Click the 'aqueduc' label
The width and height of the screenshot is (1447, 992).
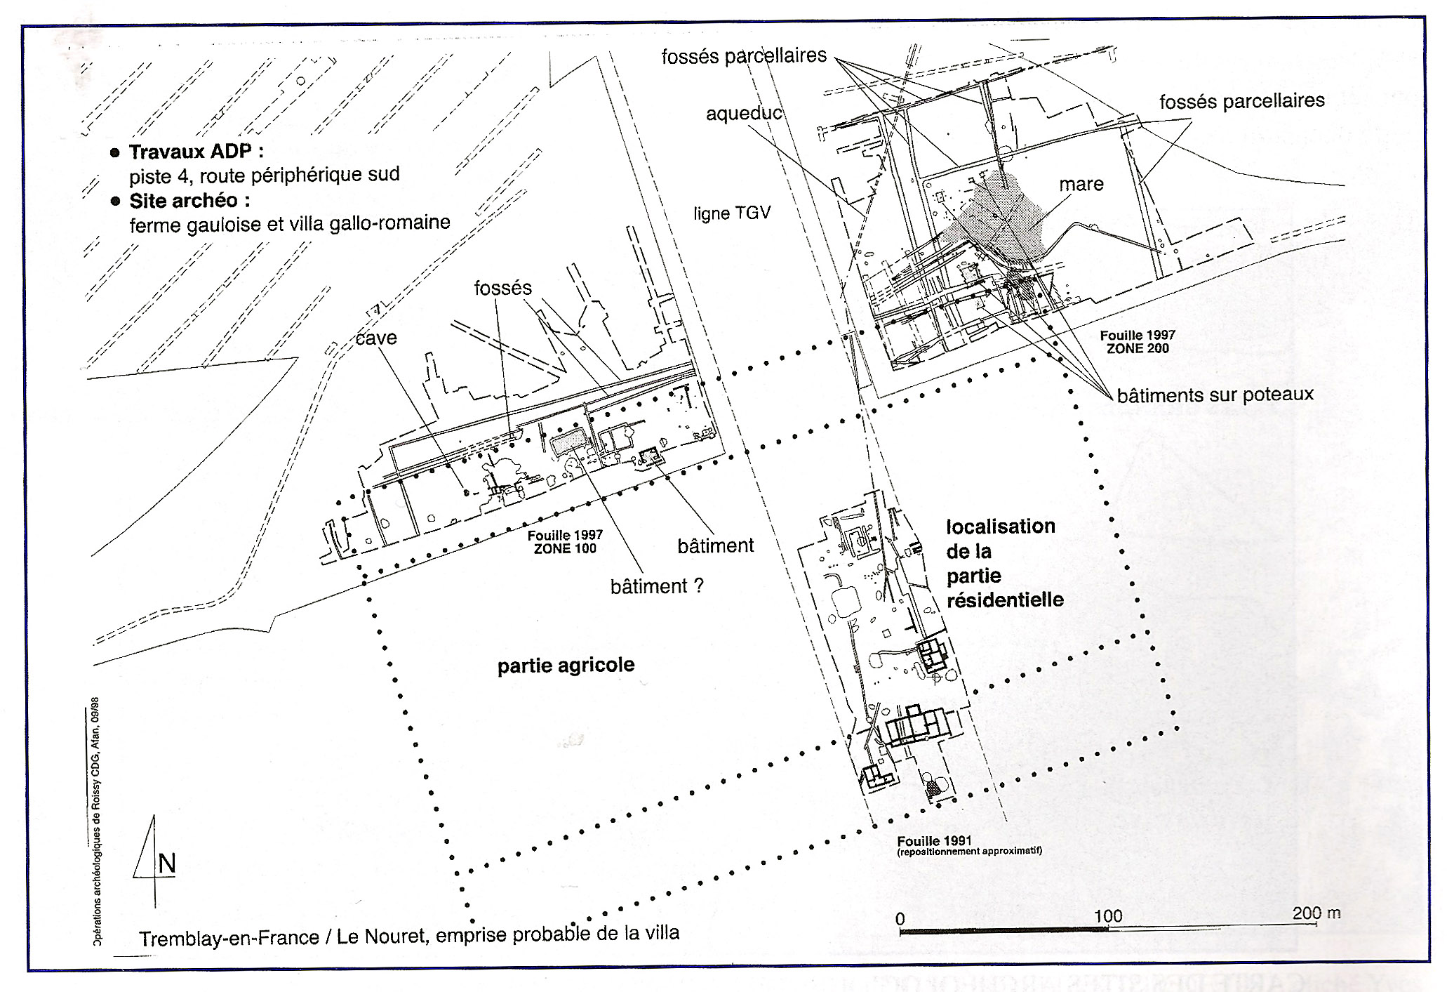pos(744,113)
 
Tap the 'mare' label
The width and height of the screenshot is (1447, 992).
pos(1081,184)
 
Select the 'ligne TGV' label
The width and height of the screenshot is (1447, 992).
pos(732,213)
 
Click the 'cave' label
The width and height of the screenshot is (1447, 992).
pos(376,338)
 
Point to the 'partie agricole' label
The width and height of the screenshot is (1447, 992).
pos(566,666)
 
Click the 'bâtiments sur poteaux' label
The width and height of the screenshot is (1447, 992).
pos(1215,395)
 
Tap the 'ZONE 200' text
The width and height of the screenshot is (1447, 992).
pos(1138,348)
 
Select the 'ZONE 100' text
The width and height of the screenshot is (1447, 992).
pos(565,548)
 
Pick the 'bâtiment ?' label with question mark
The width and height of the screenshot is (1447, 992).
pos(657,586)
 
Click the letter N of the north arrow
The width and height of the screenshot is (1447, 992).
pos(167,864)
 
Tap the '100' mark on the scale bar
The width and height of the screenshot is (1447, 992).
pos(1107,916)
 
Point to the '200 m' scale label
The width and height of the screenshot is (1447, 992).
pos(1316,913)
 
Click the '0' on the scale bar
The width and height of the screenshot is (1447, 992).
pos(900,919)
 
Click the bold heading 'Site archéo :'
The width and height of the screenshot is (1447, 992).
pos(189,201)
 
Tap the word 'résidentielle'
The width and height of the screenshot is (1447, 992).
pos(1005,600)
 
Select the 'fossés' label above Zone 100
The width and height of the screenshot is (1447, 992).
pos(502,288)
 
